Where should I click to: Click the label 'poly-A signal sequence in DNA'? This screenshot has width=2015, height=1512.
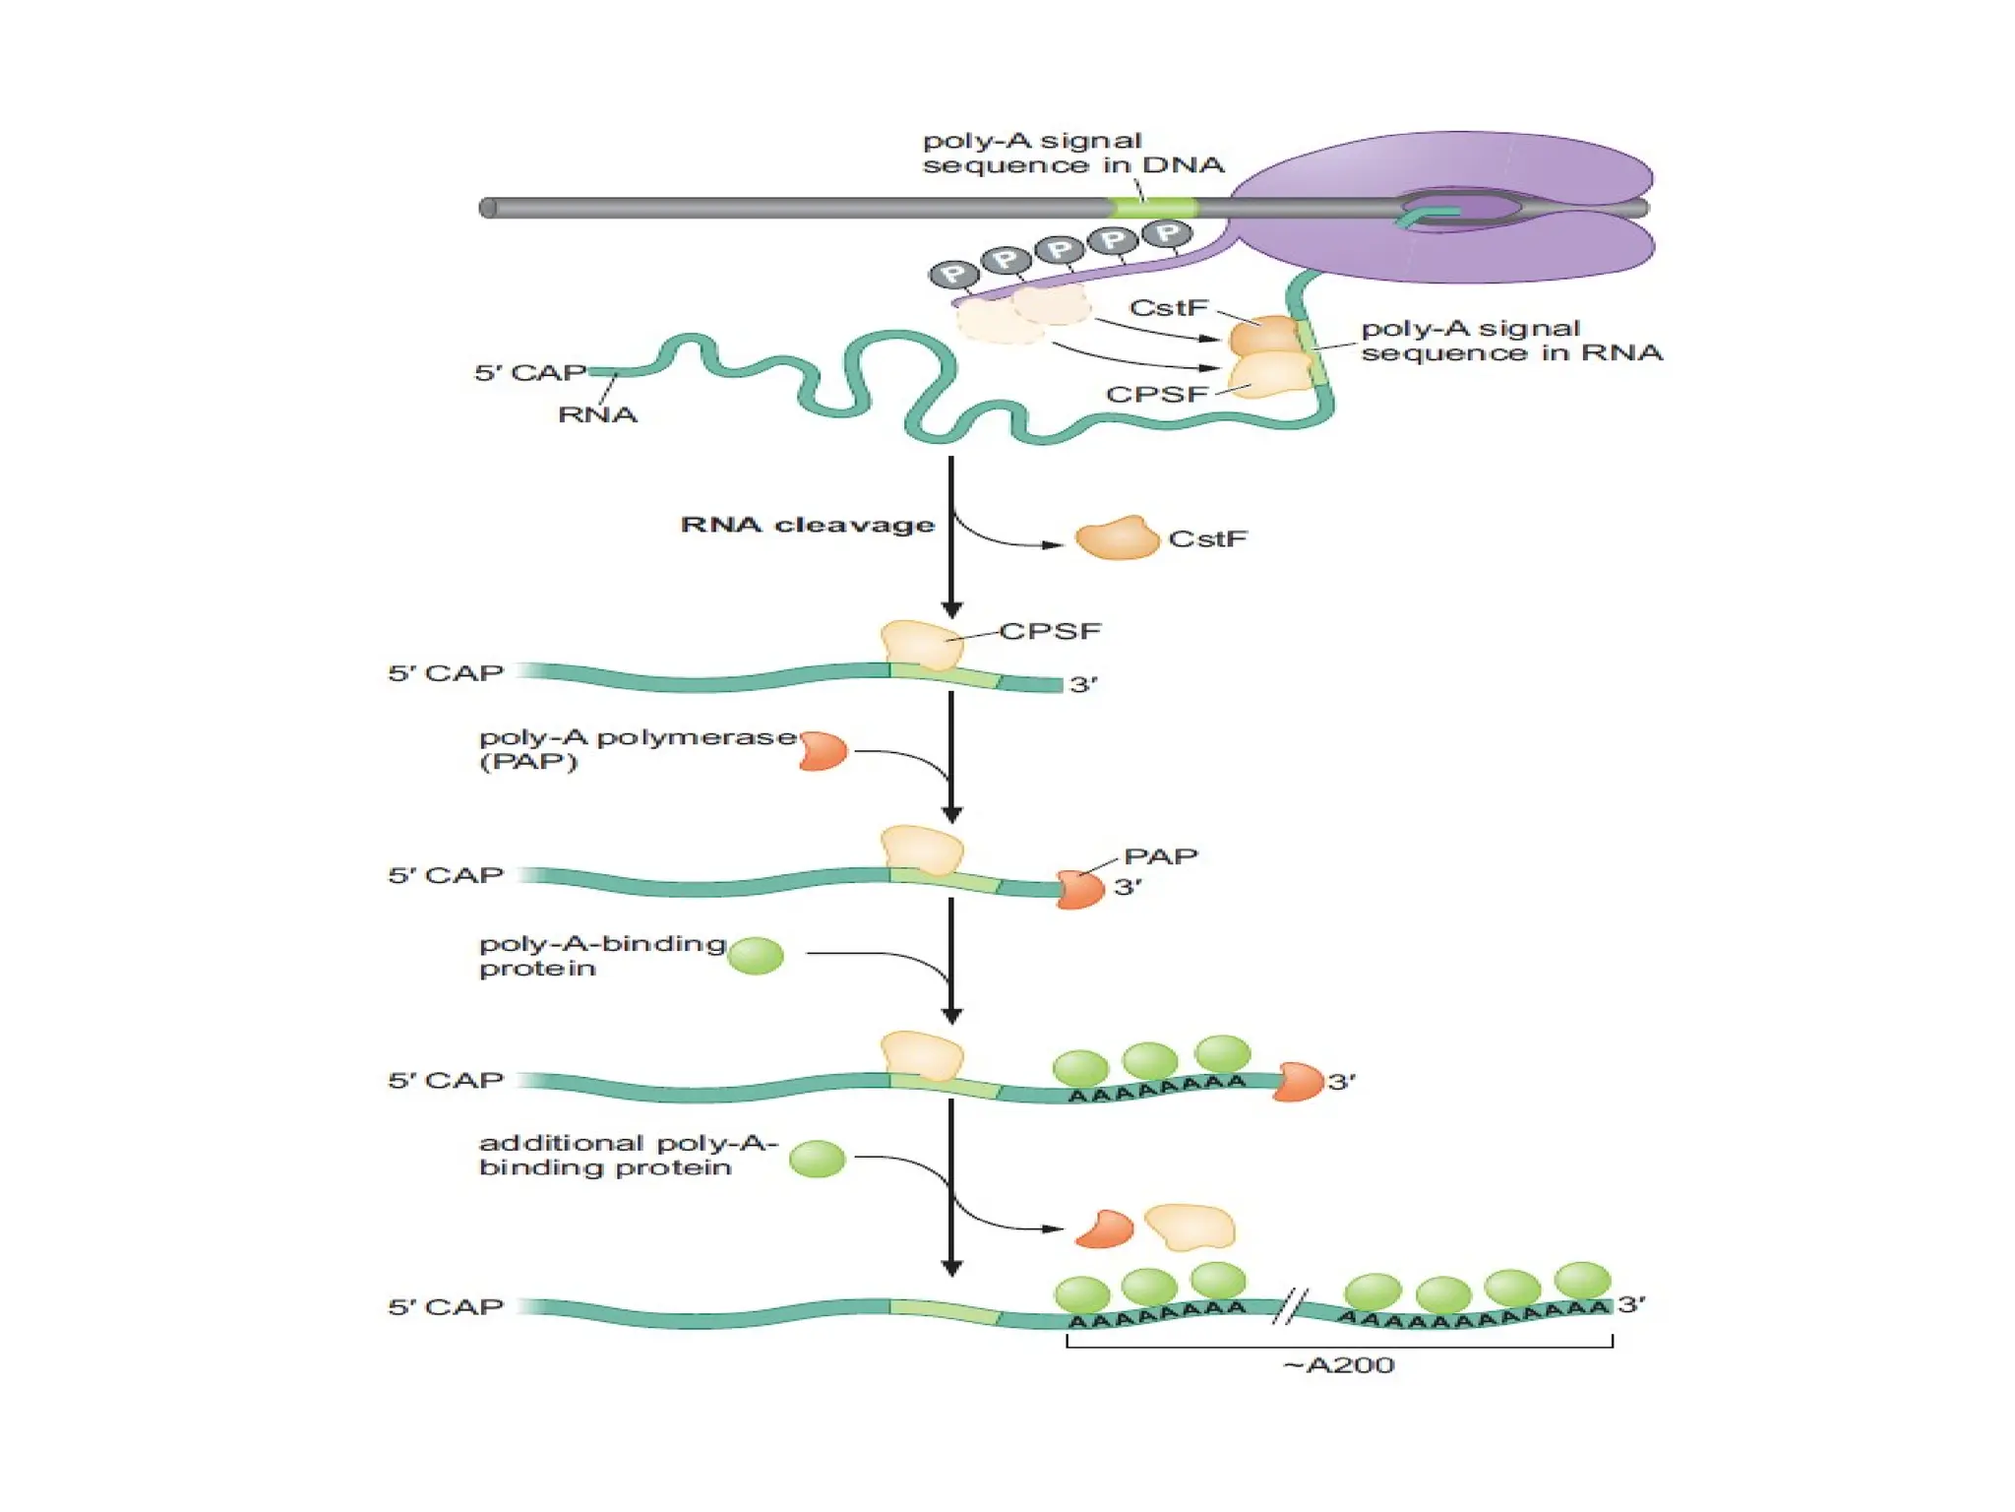[1072, 153]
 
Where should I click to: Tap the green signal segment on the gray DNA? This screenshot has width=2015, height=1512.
[1153, 208]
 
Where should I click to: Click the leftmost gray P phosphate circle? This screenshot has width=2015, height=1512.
[953, 275]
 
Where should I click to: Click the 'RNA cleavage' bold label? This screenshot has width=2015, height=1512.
[807, 525]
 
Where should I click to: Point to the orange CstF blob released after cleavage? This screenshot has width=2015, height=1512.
[1117, 538]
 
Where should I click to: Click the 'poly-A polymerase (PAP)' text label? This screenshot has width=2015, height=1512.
[637, 749]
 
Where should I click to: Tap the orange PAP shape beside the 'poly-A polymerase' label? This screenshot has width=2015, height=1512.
[824, 751]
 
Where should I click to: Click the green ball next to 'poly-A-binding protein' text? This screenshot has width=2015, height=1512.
[756, 955]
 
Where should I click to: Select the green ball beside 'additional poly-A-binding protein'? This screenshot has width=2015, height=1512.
[817, 1159]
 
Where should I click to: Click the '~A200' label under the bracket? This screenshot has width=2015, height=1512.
[1338, 1365]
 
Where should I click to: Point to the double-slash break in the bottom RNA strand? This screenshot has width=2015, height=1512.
[1290, 1306]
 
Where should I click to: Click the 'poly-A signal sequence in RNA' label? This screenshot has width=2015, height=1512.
[1510, 341]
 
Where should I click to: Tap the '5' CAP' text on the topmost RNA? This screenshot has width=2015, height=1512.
[530, 373]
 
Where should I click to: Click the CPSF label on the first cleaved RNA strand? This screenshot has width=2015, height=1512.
[1050, 631]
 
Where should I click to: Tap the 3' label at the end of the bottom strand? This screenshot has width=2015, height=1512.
[1631, 1304]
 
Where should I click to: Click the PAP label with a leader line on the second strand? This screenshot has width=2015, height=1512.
[1160, 856]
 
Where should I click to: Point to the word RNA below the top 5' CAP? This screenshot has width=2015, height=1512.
[597, 414]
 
